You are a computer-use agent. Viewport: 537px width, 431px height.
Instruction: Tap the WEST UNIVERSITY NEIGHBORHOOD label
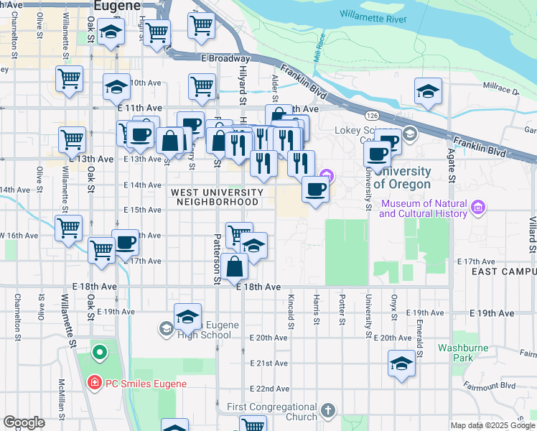[215, 198]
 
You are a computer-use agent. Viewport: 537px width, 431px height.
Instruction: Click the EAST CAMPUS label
[504, 272]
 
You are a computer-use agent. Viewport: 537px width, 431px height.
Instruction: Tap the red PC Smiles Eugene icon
[94, 383]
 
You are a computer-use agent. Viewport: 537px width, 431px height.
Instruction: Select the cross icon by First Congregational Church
[328, 410]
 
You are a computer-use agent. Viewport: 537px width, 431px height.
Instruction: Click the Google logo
[24, 422]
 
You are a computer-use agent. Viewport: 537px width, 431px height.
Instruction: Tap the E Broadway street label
[225, 58]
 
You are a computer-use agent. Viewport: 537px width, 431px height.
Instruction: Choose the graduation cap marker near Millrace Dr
[428, 91]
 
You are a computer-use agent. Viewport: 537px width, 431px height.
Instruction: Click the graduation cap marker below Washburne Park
[401, 363]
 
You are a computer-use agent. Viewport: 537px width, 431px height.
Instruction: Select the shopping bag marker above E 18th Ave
[235, 267]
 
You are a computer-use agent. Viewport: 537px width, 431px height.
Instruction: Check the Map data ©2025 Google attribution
[492, 425]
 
